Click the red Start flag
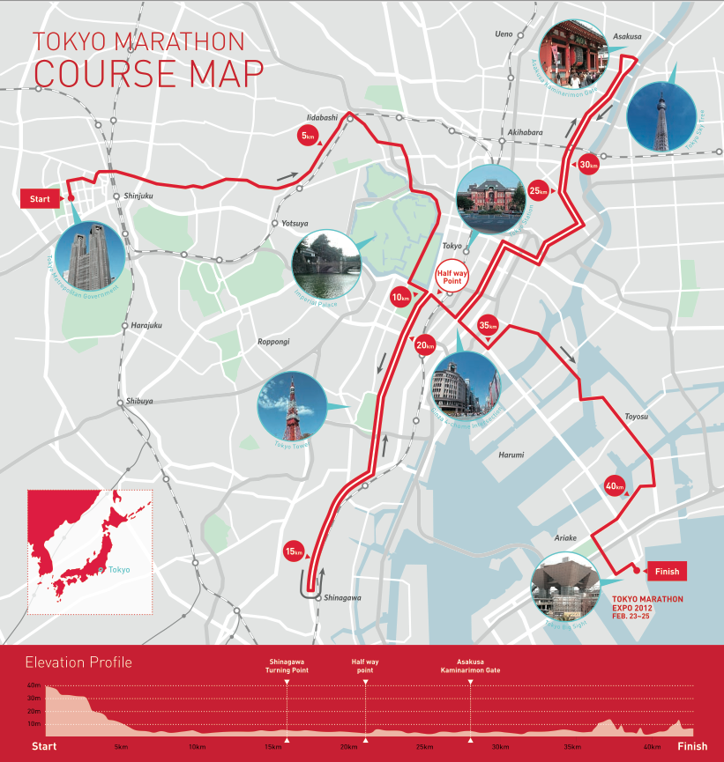[x=40, y=199]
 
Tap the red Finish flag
[x=667, y=571]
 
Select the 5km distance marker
[x=307, y=137]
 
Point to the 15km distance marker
[x=294, y=551]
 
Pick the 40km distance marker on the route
[x=615, y=485]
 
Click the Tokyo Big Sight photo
[x=565, y=586]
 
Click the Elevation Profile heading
[x=78, y=662]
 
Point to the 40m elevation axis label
[x=34, y=685]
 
